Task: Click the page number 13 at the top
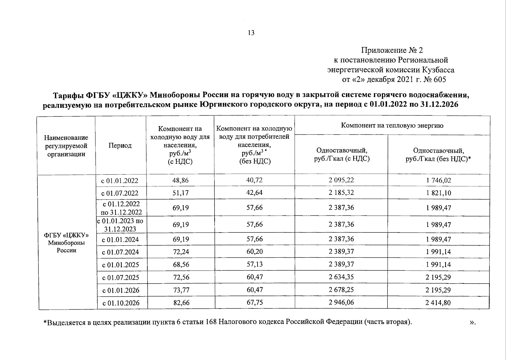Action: coord(251,33)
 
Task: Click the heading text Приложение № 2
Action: coord(392,50)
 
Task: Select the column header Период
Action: coord(120,145)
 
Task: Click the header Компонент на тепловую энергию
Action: coord(392,125)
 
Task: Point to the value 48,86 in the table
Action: coord(180,180)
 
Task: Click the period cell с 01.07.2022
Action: coord(120,193)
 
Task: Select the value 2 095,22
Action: coord(341,180)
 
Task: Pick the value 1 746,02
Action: coord(438,180)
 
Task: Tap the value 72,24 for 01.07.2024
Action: coord(181,252)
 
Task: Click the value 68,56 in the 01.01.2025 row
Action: coord(181,265)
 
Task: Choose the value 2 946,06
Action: coord(341,302)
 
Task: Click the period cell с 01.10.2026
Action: coord(121,303)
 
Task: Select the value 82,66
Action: coord(181,303)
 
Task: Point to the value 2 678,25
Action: coord(341,290)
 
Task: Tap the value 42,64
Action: coord(254,193)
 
